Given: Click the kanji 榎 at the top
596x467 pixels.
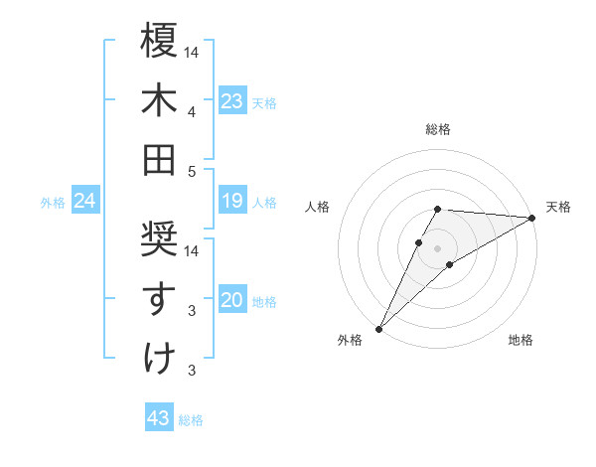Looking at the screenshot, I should pos(159,41).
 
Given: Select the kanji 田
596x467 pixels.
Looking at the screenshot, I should pos(159,158).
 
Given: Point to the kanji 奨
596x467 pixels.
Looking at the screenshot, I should pos(159,238).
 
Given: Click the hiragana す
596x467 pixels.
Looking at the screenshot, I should pos(159,297).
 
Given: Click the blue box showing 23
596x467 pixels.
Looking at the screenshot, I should pos(231,101).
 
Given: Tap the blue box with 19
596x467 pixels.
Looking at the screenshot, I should pos(231,202).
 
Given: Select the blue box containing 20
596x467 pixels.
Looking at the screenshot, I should pos(231,300).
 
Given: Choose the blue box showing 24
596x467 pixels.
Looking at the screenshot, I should pos(84,202).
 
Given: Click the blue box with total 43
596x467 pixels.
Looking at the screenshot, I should pos(159,418).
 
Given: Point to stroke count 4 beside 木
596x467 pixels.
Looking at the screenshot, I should pos(191,111).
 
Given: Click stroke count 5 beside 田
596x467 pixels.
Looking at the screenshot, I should pos(191,171).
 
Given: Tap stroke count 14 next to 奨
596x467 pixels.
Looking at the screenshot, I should pos(192,250).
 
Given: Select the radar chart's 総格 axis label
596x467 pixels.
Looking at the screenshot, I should pos(437,129).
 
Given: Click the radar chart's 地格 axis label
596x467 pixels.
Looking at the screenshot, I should pos(521,340).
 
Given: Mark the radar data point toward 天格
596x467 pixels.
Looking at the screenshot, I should pos(531,217).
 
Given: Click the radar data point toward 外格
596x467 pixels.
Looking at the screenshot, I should pos(378,327).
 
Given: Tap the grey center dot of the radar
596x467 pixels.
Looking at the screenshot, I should pos(437,246).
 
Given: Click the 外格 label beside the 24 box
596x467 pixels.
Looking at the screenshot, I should pos(53,203).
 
